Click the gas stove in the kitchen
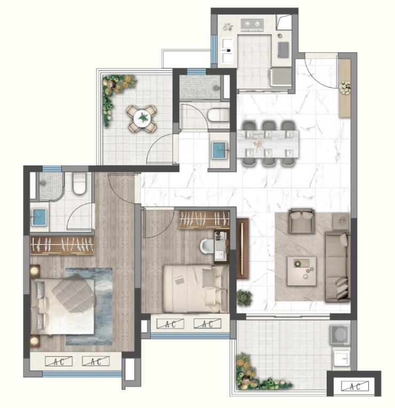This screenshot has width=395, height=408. click(x=252, y=25)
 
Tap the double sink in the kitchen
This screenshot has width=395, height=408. click(x=227, y=51)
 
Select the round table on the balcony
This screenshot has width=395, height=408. click(x=142, y=119)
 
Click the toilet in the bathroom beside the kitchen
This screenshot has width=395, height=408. click(x=218, y=115)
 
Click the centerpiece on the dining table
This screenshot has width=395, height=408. click(x=259, y=144)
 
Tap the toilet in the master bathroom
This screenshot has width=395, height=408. click(x=80, y=184)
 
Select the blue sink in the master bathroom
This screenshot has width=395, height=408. click(x=39, y=217)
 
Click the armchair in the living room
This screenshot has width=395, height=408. click(x=302, y=221)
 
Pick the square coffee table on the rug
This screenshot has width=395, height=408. click(x=302, y=271)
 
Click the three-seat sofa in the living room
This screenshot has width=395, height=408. click(x=337, y=266)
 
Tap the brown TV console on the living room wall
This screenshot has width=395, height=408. click(x=243, y=248)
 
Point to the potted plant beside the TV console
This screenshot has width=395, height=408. click(x=244, y=297)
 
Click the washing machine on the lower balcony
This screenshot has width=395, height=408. click(x=340, y=334)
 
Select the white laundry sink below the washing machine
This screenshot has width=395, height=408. click(x=342, y=358)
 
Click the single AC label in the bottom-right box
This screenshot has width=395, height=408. click(x=354, y=386)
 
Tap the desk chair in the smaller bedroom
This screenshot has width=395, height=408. click(x=207, y=246)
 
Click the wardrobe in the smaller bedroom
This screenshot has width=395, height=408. click(x=204, y=219)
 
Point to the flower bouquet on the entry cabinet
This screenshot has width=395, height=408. click(x=345, y=88)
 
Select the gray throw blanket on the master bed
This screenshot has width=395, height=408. click(x=74, y=294)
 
